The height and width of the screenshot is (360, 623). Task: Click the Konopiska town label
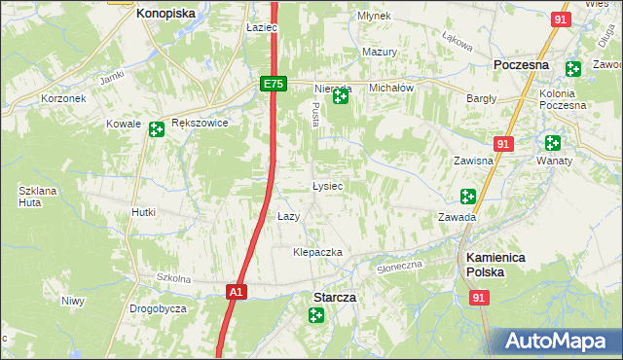coord(165,14)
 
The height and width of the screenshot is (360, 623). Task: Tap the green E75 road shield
coord(273,85)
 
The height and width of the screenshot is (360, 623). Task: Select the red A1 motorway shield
coord(236,291)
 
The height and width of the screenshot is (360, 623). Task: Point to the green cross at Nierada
coord(340,96)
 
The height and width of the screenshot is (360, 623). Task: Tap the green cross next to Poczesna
coord(572,69)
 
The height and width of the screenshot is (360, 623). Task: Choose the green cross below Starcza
coord(316,314)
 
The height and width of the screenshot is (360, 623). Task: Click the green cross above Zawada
coord(467,197)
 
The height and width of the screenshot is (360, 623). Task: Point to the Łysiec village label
coord(326,185)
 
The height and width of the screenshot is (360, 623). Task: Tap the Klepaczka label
coord(318,252)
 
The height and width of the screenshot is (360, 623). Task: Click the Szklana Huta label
coord(34,197)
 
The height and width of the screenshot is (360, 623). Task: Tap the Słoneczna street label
coord(400,266)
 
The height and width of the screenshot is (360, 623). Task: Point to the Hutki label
coord(144,212)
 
